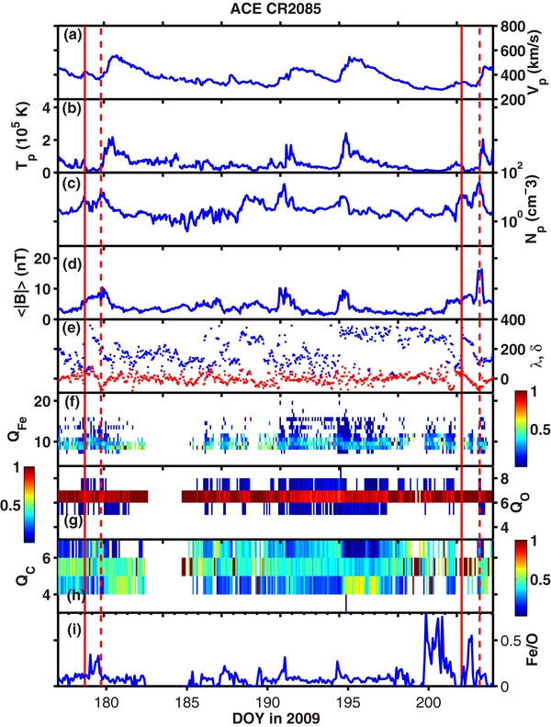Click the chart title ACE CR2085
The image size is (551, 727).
tap(275, 8)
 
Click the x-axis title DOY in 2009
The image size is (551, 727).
tap(275, 719)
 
